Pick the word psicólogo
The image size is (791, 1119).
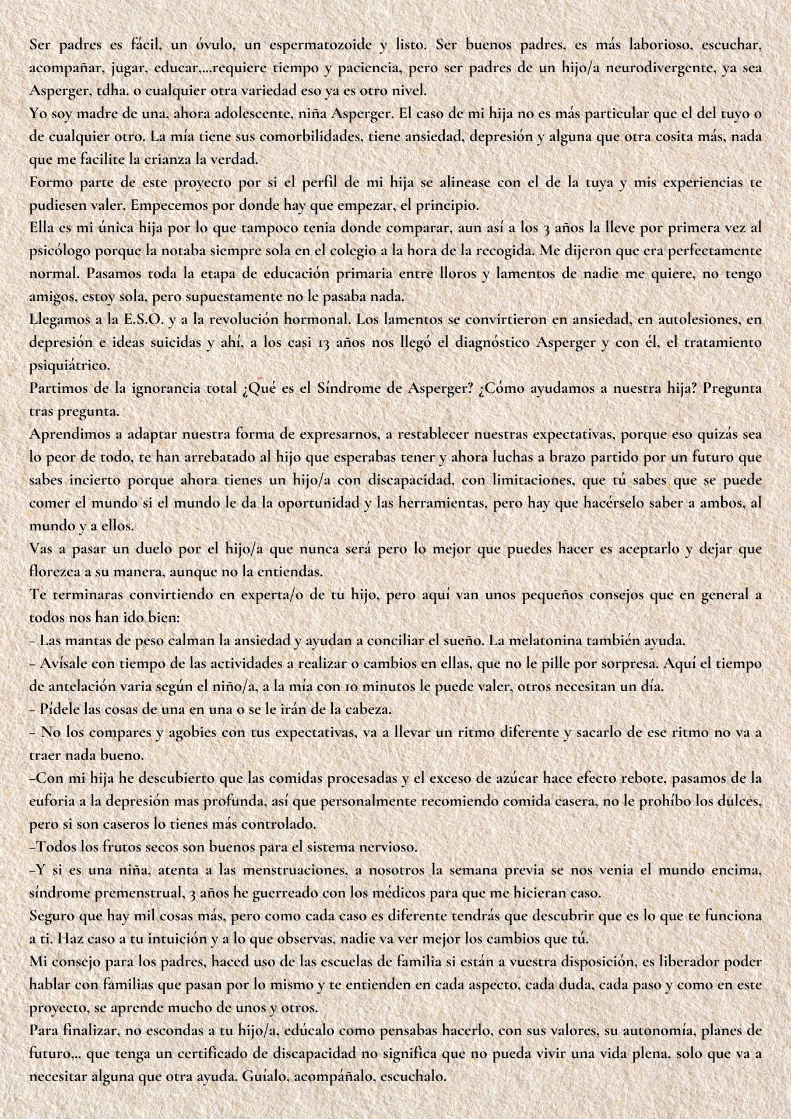[57, 251]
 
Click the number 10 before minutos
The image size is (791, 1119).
[322, 685]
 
